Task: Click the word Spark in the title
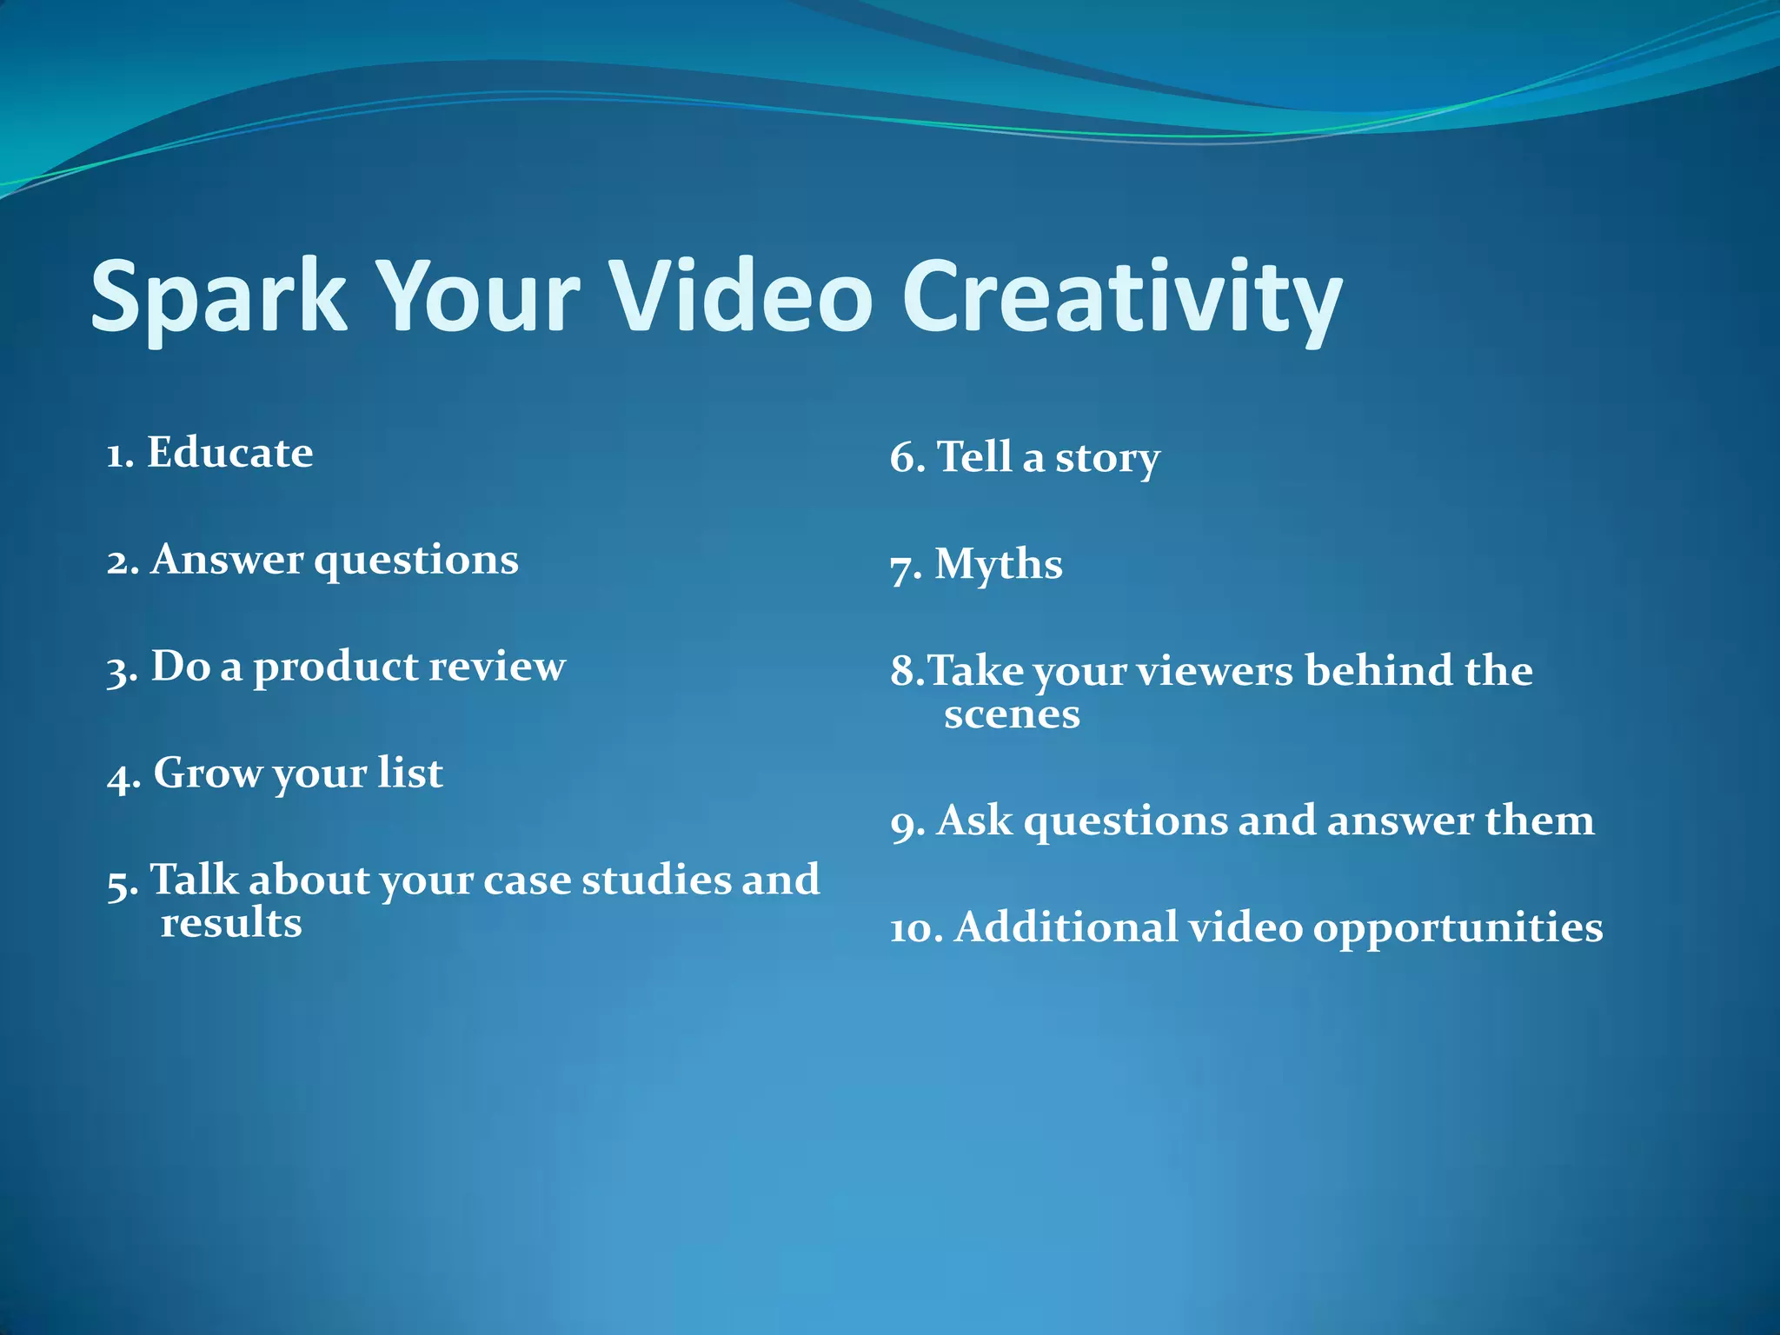point(217,297)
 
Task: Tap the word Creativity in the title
point(1121,297)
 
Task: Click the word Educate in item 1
point(229,453)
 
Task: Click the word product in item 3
point(335,668)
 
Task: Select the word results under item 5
point(231,923)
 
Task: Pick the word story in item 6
point(1106,459)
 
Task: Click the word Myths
point(998,565)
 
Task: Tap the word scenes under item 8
point(1012,715)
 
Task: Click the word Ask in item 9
point(974,821)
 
